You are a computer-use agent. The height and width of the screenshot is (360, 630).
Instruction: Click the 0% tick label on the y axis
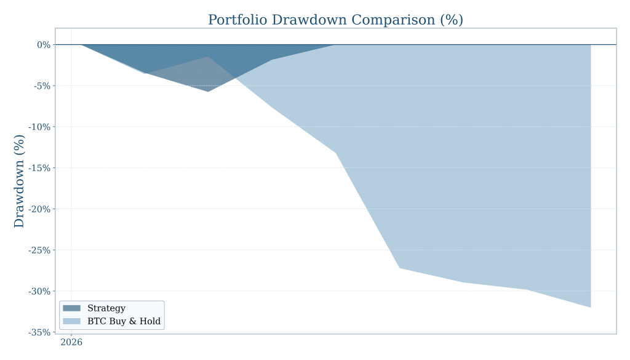tap(43, 45)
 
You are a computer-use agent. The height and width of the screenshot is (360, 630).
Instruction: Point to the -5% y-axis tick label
tap(41, 86)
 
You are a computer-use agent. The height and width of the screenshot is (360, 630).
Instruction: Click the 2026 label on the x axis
tap(71, 342)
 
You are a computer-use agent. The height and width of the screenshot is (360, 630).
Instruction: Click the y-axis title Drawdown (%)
tap(20, 181)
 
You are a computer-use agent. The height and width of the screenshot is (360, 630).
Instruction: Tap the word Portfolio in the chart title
tap(237, 20)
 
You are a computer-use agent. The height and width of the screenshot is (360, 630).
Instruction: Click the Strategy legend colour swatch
tap(71, 308)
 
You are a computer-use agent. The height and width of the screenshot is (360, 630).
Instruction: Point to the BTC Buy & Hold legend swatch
tap(71, 321)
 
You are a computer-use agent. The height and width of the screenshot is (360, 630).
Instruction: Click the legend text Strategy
tap(106, 308)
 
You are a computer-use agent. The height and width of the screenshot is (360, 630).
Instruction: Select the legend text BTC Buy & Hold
tap(124, 321)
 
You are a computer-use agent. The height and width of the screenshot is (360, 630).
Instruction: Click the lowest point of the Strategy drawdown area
tap(208, 92)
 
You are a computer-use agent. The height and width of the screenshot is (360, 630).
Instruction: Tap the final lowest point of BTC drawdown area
tap(591, 307)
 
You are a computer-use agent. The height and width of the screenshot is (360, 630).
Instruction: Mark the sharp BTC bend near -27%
tap(399, 268)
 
